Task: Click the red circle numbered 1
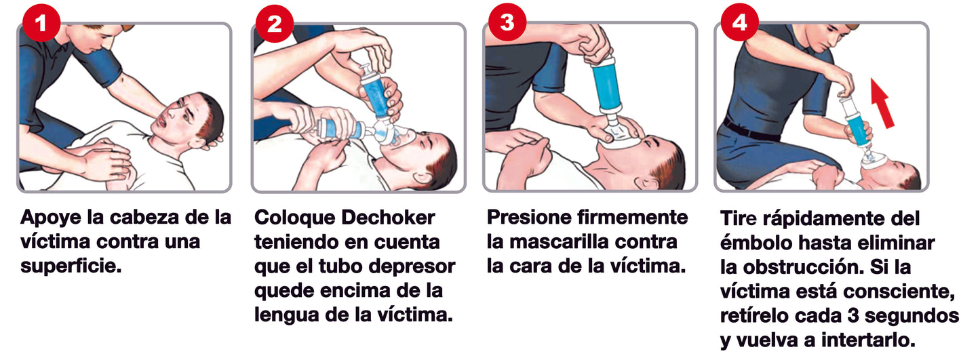(41, 22)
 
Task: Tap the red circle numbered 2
(274, 23)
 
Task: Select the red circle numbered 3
(507, 22)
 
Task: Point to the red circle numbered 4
(739, 22)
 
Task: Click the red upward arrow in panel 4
(881, 103)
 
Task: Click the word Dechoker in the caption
(388, 218)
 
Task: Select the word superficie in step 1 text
(71, 266)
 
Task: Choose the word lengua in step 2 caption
(287, 315)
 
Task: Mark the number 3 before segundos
(852, 316)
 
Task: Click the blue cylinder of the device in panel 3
(606, 86)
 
